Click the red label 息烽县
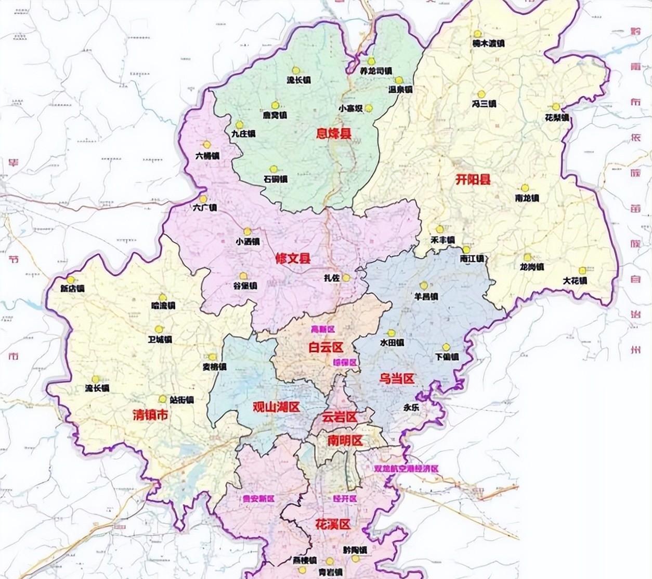pos(334,134)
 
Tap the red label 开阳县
pos(473,180)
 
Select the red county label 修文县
pos(293,258)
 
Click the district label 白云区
pos(326,347)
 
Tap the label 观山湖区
pos(276,407)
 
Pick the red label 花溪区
pos(333,524)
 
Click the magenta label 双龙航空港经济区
pos(406,469)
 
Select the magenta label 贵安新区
pos(258,498)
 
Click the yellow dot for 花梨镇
pos(556,107)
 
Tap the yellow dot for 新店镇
pos(70,280)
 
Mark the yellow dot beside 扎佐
pos(346,278)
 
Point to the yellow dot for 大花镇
pos(582,270)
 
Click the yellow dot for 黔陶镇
pos(355,559)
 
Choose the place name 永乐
pos(411,408)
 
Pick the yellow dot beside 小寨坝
pos(369,108)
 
